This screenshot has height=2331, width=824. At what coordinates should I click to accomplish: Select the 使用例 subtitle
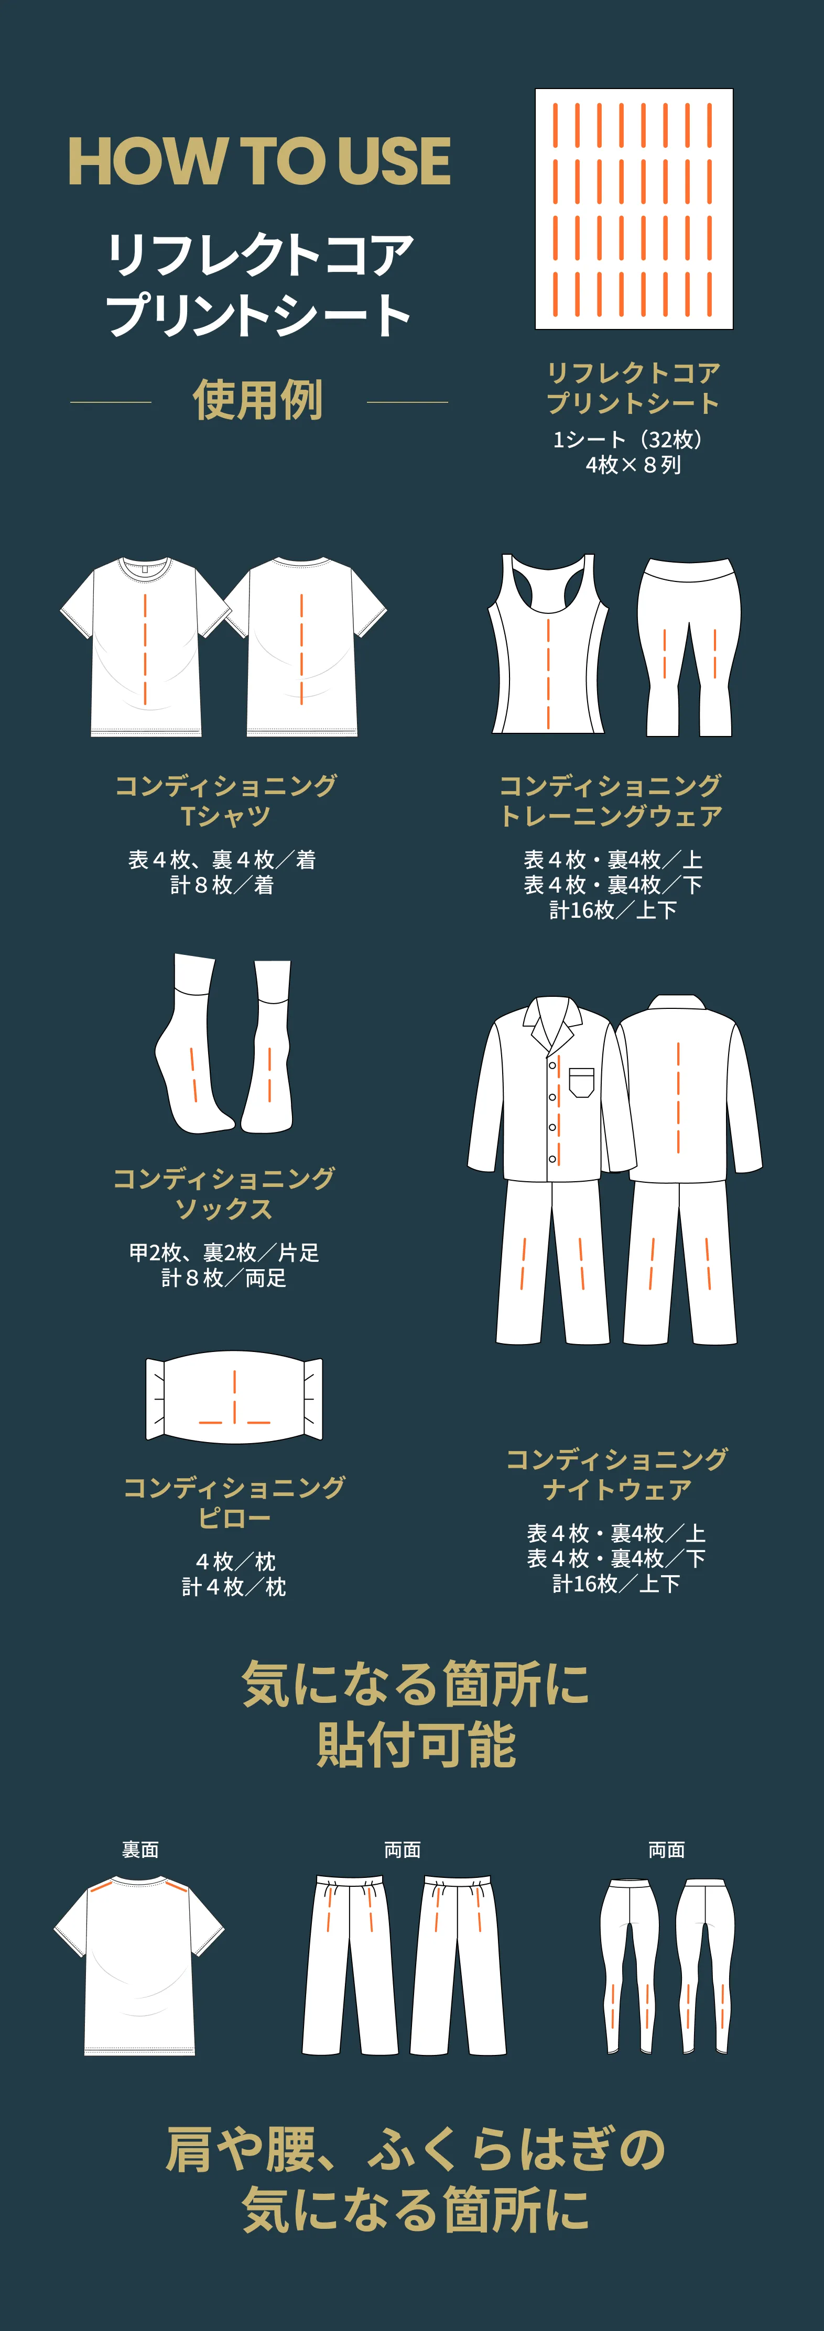(x=258, y=400)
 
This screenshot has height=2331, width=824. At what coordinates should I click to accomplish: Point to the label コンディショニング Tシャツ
(x=225, y=800)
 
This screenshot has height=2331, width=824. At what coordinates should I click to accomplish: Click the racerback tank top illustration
(x=548, y=644)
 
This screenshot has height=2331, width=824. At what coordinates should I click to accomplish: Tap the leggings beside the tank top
(x=688, y=644)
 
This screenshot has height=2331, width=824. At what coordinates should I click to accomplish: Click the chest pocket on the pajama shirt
(x=581, y=1081)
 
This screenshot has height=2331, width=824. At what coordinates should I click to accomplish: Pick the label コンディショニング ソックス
(x=224, y=1193)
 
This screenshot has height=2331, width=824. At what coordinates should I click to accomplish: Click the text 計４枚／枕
(x=234, y=1586)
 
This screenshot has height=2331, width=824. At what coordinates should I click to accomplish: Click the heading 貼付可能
(x=416, y=1745)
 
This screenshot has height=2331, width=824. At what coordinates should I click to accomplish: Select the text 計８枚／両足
(x=224, y=1278)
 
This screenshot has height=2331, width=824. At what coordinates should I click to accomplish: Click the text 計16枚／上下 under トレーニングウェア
(x=613, y=909)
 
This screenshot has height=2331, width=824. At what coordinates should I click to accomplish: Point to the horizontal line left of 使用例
(x=111, y=402)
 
